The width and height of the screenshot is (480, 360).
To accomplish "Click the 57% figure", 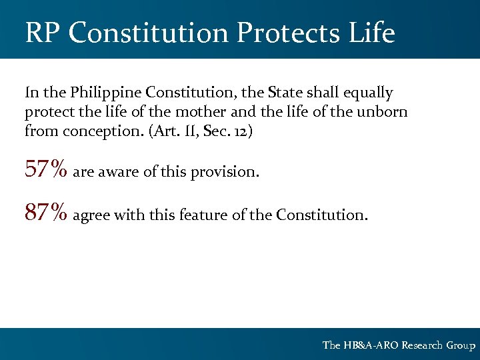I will pyautogui.click(x=46, y=170).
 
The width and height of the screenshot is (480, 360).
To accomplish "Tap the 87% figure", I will pyautogui.click(x=46, y=213).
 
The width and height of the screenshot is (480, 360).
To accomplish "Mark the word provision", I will pyautogui.click(x=225, y=173).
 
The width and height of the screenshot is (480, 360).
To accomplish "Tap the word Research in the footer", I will pyautogui.click(x=422, y=345).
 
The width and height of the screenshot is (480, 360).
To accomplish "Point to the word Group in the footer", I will pyautogui.click(x=461, y=345).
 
